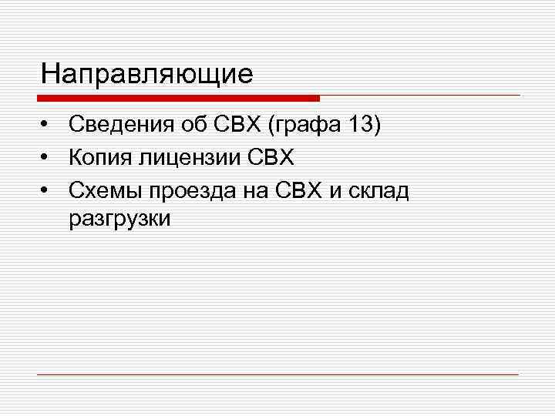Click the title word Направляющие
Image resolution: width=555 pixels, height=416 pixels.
pos(147,74)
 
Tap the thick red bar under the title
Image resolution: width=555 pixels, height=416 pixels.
pos(178,99)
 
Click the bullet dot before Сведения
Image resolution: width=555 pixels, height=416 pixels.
pos(48,126)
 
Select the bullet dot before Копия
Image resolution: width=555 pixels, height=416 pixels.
pos(48,158)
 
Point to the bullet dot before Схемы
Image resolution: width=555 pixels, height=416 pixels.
pos(48,190)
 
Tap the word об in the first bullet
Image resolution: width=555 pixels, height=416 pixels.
pos(189,125)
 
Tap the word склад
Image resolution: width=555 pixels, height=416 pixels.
pos(378,190)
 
